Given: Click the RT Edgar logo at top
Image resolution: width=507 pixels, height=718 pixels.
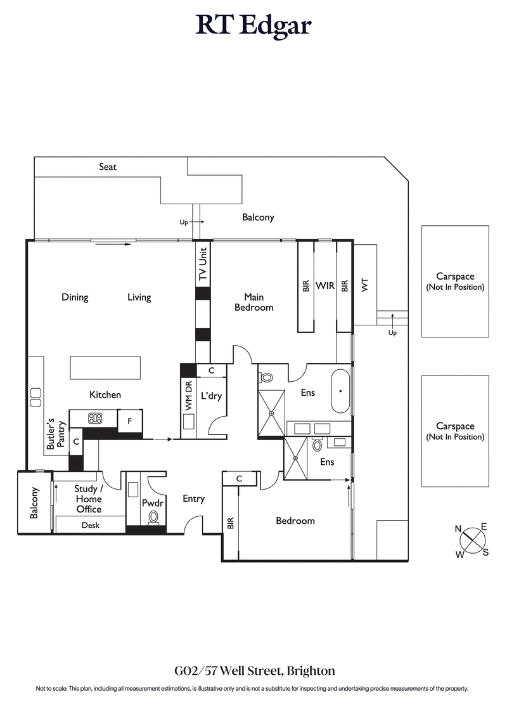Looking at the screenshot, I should point(253,25).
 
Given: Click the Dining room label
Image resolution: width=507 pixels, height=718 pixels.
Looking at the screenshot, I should point(75,297).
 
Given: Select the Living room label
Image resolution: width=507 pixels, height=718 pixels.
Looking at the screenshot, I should point(139,297).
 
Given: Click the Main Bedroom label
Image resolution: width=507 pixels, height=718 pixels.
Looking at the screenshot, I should point(253,302).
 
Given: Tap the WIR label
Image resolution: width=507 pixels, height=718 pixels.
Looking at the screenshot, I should point(325,286).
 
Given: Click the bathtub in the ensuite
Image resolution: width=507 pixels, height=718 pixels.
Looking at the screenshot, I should point(341,391).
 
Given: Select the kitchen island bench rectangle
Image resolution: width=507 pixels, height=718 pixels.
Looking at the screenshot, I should point(105,367).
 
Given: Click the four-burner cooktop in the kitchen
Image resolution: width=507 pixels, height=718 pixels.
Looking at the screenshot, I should point(94,418).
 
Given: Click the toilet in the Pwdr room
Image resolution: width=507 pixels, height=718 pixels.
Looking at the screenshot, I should point(153,518).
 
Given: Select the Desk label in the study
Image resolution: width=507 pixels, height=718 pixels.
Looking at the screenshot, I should point(91,525).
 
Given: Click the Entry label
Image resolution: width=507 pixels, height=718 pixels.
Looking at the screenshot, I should point(193,499).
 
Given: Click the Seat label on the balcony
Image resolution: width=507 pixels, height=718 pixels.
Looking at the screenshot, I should point(108,167).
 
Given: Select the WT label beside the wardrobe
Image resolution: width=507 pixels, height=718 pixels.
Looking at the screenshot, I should point(364,285).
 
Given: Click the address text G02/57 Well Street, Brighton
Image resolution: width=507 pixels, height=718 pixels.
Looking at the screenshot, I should point(253,670).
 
